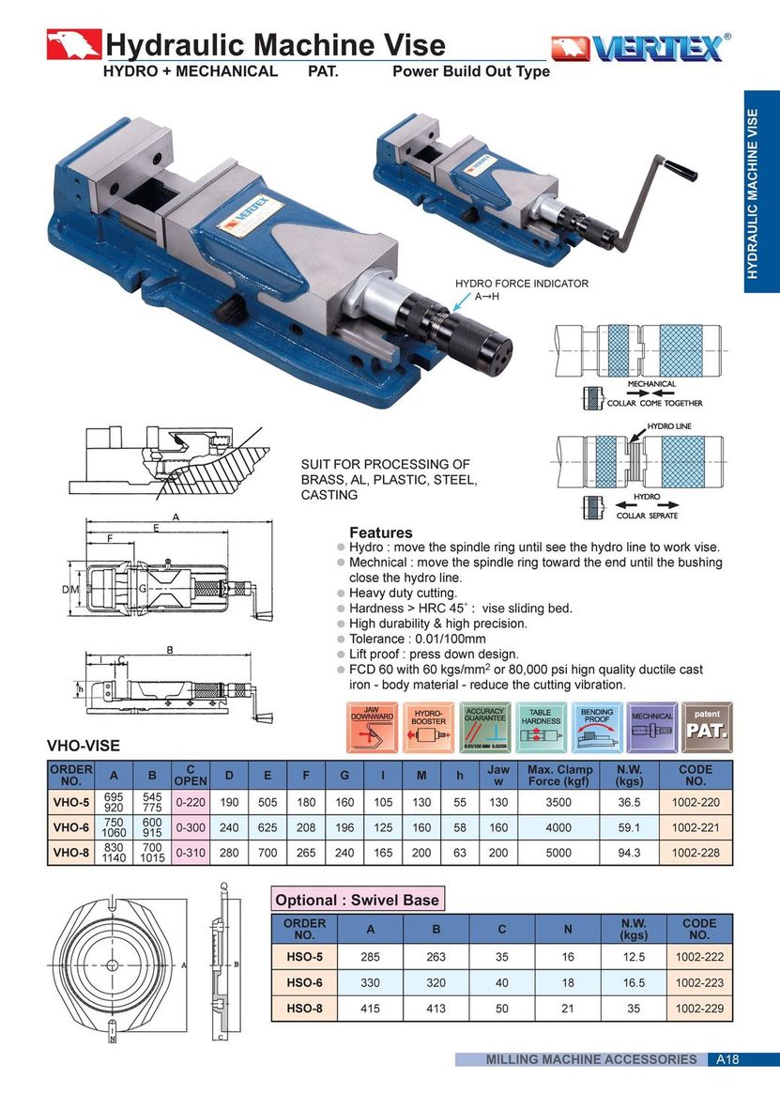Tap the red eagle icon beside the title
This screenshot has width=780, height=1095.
coord(73,45)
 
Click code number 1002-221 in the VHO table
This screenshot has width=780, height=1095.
coord(696,828)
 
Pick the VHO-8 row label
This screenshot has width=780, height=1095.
coord(71,854)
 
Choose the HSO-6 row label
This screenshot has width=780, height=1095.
coord(304,982)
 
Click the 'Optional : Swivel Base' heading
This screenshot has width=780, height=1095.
coord(356,900)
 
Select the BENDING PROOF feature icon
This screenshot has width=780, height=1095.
coord(597,726)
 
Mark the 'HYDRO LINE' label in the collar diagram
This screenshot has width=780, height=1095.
coord(668,427)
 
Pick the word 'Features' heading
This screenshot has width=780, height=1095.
coord(380,532)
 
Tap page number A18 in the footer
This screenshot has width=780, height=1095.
coord(727,1059)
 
